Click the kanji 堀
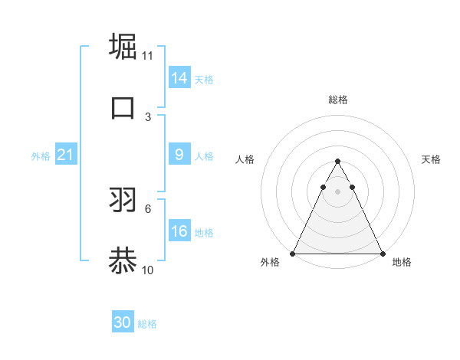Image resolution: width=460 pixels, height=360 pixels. [123, 46]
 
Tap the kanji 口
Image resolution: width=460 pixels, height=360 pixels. [123, 107]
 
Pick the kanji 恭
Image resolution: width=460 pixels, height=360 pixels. [123, 260]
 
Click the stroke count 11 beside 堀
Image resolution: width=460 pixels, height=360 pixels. [148, 56]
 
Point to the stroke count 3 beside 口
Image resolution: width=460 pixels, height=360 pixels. [148, 116]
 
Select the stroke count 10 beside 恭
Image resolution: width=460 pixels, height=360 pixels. [148, 270]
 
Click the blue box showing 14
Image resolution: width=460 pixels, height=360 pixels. [179, 77]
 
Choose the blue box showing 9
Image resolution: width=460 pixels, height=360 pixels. [179, 155]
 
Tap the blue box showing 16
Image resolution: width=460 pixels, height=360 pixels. [179, 231]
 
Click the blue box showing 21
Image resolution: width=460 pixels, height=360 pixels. [65, 155]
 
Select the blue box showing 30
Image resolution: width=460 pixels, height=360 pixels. [122, 322]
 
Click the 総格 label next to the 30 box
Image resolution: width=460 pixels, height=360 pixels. [147, 324]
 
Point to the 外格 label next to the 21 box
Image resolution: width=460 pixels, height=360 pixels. [41, 156]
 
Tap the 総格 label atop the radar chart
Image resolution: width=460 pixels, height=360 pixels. [337, 100]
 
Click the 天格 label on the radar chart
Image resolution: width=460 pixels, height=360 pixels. [432, 159]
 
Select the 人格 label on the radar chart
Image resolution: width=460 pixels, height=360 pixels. [245, 159]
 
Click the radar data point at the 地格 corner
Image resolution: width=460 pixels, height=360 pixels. [382, 253]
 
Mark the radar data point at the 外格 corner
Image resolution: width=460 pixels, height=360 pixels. [293, 253]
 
